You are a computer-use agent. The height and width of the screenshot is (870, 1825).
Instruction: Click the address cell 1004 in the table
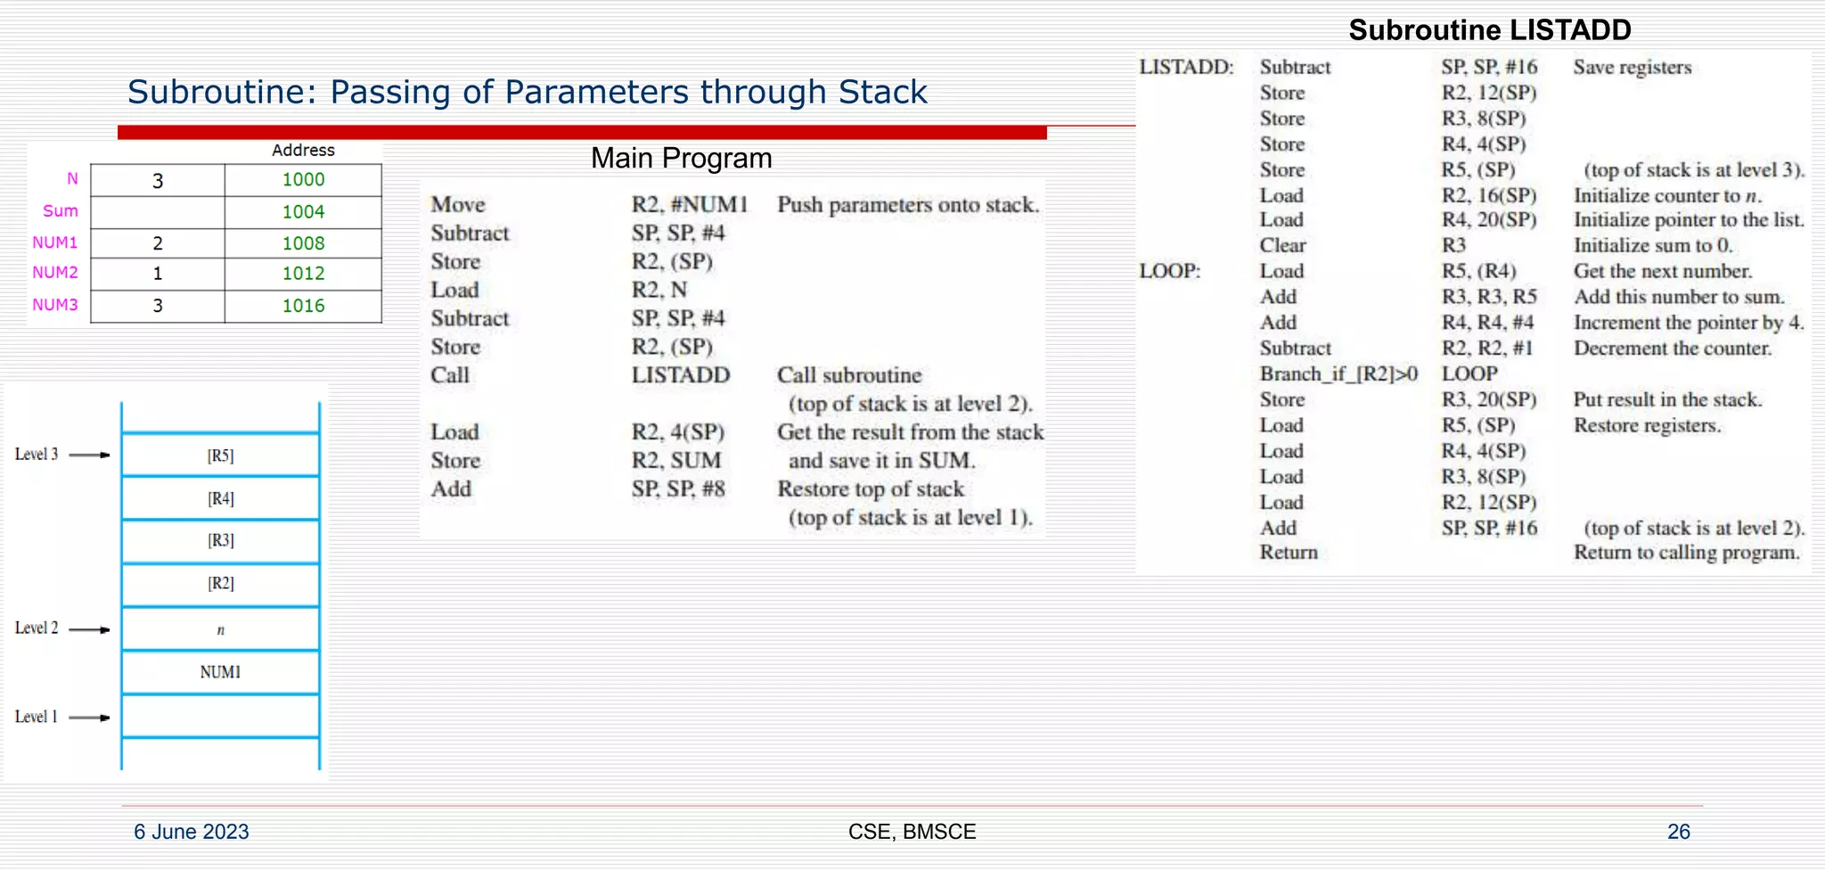pyautogui.click(x=303, y=212)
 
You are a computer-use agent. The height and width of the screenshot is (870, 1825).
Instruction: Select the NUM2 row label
pyautogui.click(x=55, y=273)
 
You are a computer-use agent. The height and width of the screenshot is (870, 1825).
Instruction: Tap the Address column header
pyautogui.click(x=303, y=151)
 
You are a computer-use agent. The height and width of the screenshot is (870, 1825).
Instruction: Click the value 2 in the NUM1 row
pyautogui.click(x=158, y=243)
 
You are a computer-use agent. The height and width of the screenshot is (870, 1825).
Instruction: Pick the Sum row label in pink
pyautogui.click(x=61, y=211)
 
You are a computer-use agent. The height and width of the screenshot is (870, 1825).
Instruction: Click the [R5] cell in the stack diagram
pyautogui.click(x=220, y=456)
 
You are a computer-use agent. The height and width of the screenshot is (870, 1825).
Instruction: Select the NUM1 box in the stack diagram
pyautogui.click(x=220, y=672)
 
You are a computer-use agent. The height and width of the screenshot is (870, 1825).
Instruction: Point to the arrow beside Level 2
pyautogui.click(x=89, y=629)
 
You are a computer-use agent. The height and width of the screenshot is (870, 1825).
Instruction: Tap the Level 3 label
pyautogui.click(x=37, y=455)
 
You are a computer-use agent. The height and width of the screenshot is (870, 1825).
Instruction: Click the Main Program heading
pyautogui.click(x=681, y=159)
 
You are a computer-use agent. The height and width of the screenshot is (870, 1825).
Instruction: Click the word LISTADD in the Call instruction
pyautogui.click(x=681, y=375)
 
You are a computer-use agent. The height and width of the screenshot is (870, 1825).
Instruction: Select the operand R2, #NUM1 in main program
pyautogui.click(x=690, y=205)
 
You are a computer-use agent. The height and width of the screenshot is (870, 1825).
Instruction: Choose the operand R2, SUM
pyautogui.click(x=676, y=461)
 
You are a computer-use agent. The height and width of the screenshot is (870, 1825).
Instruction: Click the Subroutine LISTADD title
pyautogui.click(x=1489, y=30)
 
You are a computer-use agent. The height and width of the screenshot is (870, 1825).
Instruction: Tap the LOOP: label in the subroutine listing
pyautogui.click(x=1169, y=271)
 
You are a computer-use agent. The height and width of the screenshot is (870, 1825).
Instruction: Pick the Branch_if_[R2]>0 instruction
pyautogui.click(x=1338, y=374)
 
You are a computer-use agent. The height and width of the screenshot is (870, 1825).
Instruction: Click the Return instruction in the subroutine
pyautogui.click(x=1288, y=553)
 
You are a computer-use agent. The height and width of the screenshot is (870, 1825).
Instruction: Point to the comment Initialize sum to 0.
pyautogui.click(x=1652, y=245)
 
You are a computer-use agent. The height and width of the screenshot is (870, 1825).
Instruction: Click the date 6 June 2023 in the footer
pyautogui.click(x=192, y=832)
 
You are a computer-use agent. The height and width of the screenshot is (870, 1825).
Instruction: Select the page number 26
pyautogui.click(x=1678, y=832)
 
